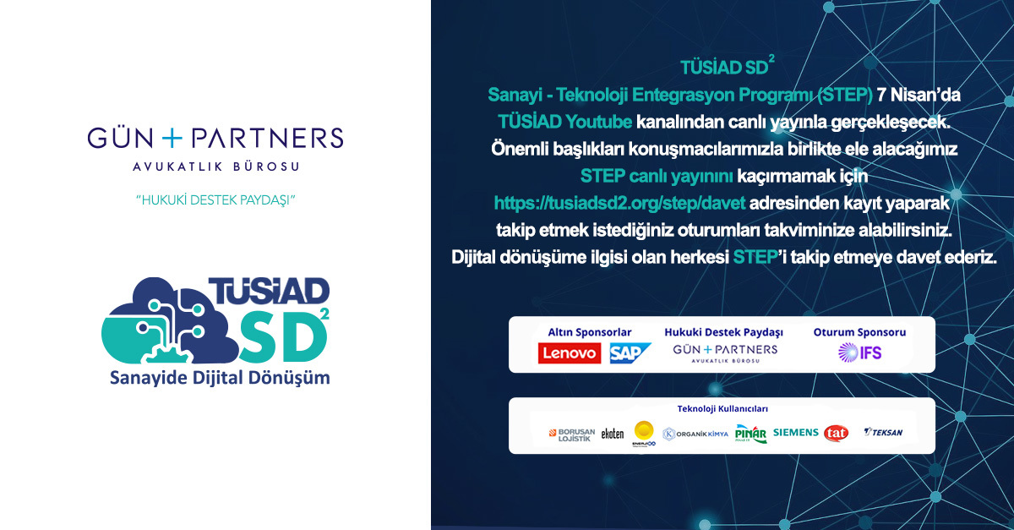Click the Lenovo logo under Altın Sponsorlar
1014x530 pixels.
[x=570, y=353]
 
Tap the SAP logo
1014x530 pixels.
[x=630, y=353]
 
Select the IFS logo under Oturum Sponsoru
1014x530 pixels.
[x=859, y=352]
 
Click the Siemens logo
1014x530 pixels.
[x=796, y=433]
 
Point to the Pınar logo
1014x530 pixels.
[x=750, y=434]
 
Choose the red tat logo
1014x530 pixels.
[x=836, y=433]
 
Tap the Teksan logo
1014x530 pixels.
[x=883, y=433]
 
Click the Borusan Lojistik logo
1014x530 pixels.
[x=572, y=434]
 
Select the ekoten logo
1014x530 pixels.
[x=613, y=434]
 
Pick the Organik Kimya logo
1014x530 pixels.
[x=695, y=434]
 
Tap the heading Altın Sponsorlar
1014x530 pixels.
[x=589, y=332]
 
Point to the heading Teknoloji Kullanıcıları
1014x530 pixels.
[x=722, y=409]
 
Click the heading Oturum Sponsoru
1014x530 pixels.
[x=859, y=332]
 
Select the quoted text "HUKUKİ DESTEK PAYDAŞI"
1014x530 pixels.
[x=219, y=200]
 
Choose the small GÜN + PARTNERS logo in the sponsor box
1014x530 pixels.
[x=724, y=352]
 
